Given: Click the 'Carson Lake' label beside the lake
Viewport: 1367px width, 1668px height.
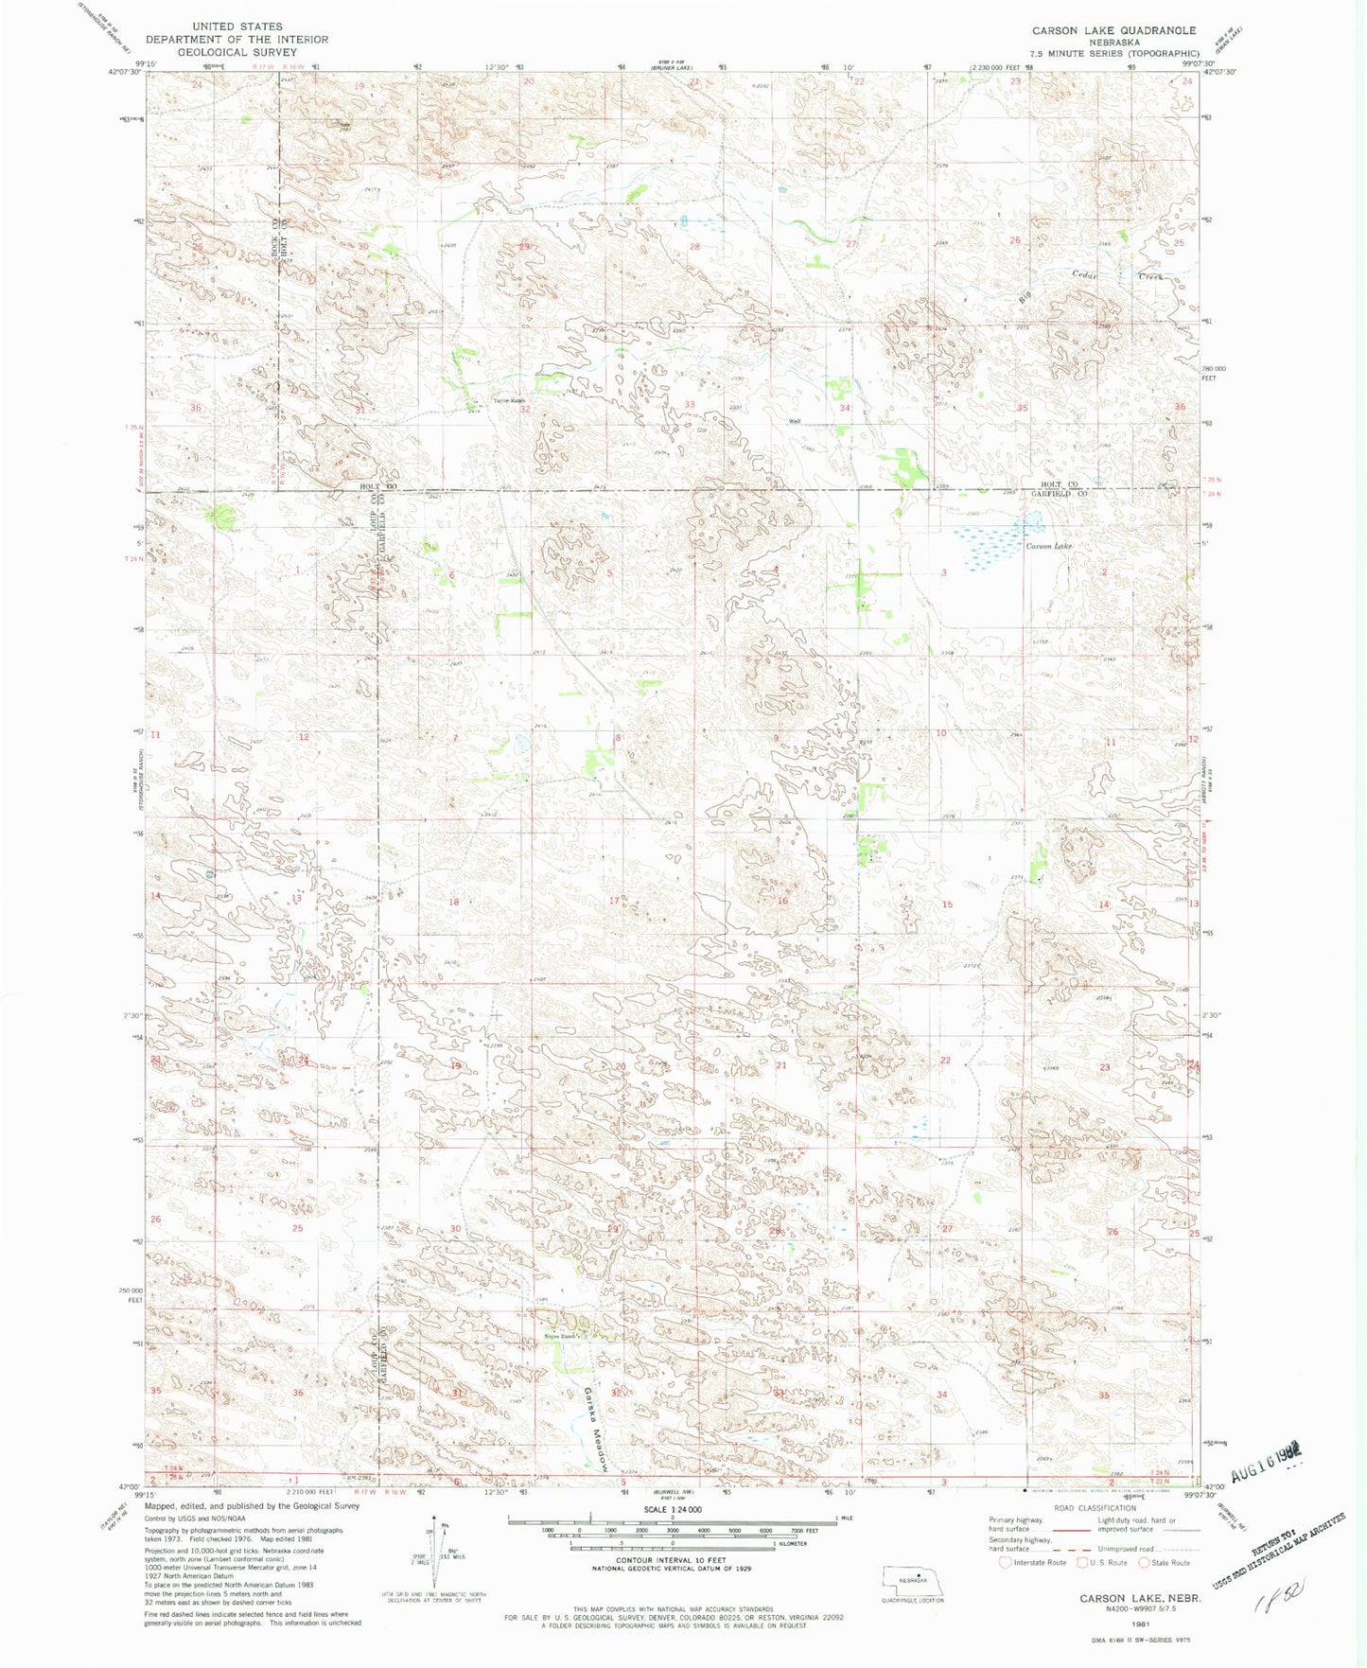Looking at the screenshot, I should click(x=1048, y=546).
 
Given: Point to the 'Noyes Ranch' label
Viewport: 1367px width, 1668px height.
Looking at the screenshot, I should click(x=561, y=1336).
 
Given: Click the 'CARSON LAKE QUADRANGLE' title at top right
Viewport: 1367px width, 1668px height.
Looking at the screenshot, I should click(x=1113, y=31).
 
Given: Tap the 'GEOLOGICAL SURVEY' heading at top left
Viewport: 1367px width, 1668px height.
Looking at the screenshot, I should click(x=237, y=52).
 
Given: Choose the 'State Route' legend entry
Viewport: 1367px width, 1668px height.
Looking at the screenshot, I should click(x=1164, y=1562).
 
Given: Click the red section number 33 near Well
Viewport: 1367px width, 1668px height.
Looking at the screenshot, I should click(x=690, y=405).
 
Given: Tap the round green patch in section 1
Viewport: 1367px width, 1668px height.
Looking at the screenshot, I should click(x=223, y=516).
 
